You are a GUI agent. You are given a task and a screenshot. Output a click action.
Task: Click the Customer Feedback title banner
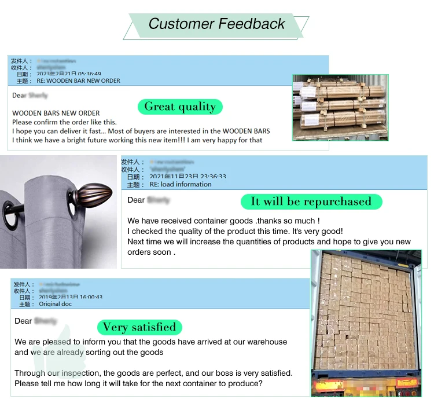coord(216,24)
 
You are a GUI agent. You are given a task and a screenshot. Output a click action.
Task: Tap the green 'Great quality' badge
coord(180,107)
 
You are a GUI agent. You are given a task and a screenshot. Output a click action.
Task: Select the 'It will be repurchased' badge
coord(311,201)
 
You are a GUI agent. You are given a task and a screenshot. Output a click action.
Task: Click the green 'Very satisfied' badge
coord(139,327)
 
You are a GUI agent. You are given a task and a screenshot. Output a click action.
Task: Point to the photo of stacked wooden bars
coord(340,107)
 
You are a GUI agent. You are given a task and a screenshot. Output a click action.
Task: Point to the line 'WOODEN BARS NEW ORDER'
coord(56,113)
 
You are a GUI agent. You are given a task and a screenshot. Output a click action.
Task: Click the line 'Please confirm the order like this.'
coord(64,122)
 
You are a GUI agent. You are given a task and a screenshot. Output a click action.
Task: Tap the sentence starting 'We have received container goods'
coord(223,221)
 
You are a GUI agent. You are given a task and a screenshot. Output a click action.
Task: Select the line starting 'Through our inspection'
coord(153,373)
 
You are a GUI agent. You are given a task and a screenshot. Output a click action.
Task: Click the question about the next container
coord(139,383)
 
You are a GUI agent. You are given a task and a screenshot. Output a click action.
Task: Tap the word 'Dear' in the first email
coord(19,96)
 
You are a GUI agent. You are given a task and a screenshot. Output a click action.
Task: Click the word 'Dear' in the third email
coord(23,321)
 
